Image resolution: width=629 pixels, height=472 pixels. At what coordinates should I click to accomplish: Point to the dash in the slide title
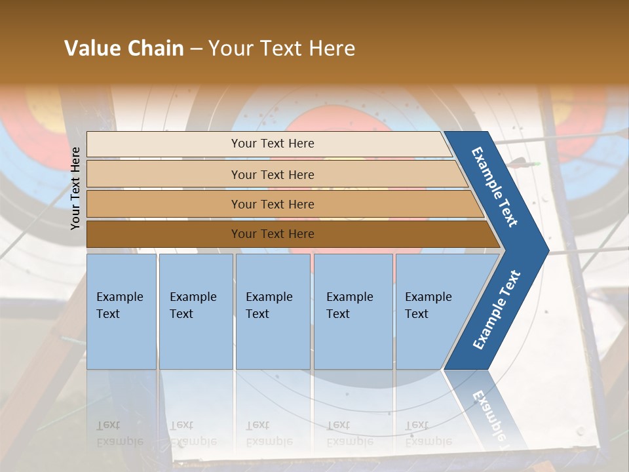[196, 49]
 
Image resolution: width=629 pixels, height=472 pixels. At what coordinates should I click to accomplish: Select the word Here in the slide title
[332, 49]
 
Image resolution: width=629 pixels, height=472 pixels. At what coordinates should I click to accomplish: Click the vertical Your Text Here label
[75, 188]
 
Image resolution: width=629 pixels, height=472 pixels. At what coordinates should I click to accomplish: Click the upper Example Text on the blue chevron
[495, 187]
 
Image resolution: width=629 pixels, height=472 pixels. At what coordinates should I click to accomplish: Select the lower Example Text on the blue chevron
[496, 310]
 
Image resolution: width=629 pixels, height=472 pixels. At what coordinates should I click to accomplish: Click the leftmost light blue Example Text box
[121, 311]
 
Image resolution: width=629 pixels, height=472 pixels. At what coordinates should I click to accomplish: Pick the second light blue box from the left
[196, 311]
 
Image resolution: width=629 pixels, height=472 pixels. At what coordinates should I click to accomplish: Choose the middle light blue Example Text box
[273, 311]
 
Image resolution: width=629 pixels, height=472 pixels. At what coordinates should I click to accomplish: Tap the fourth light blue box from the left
[353, 311]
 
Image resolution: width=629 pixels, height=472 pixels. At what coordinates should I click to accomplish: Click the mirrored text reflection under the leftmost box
[120, 433]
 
